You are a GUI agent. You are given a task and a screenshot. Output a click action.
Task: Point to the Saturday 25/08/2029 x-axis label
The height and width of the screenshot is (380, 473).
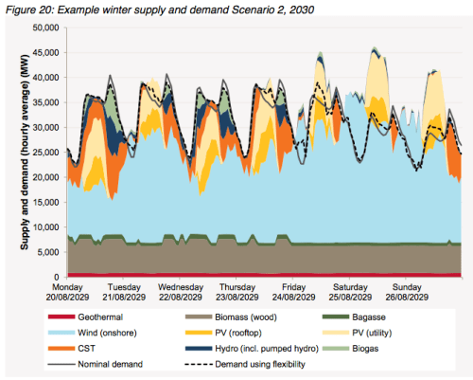coord(344,291)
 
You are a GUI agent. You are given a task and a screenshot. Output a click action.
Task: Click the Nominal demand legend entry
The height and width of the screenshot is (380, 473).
coord(93,365)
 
